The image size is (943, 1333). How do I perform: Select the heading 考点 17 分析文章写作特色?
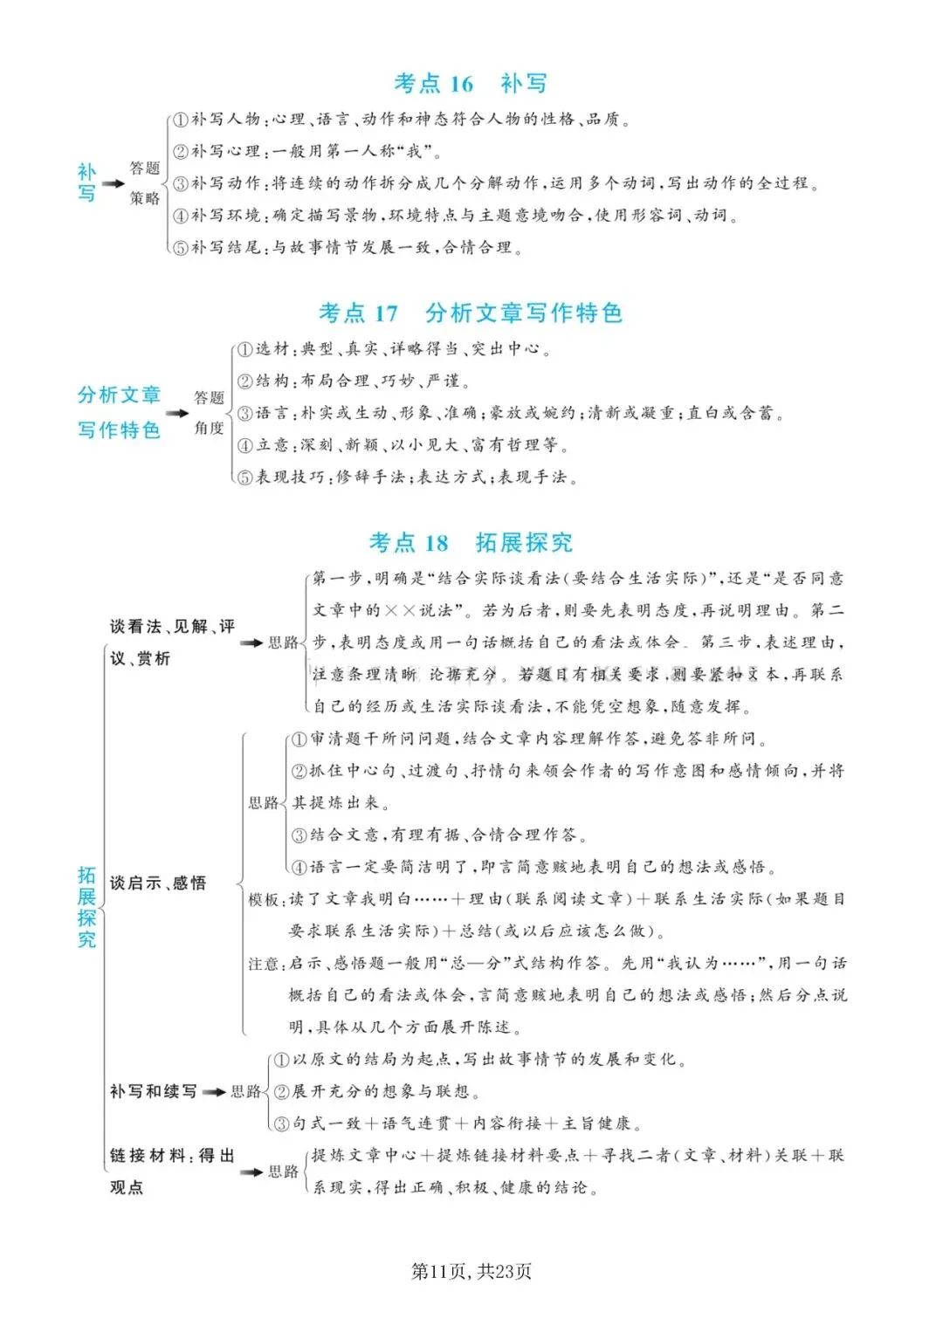pos(471,313)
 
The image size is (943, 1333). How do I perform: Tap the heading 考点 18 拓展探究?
pos(471,542)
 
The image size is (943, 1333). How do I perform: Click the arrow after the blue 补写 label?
pos(114,183)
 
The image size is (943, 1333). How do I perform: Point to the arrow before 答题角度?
pos(177,413)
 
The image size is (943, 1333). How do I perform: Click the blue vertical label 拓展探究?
pos(86,906)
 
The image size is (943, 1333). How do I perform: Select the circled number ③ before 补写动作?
pos(180,183)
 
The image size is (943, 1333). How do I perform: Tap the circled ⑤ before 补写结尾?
pos(180,248)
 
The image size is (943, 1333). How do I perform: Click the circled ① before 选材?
pos(245,349)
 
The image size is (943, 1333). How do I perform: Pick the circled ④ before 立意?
pos(245,445)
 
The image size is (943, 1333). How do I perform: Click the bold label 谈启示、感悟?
pos(158,883)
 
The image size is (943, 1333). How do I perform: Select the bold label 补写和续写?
pos(153,1091)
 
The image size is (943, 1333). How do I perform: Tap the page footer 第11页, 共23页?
pos(471,1271)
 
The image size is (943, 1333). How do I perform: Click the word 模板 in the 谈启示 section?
pos(263,899)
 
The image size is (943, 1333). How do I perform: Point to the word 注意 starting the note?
pos(263,964)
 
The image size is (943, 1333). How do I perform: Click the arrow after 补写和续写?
pos(214,1091)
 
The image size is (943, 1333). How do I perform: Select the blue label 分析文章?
pos(119,395)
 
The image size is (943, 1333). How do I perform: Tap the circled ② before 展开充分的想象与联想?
pos(281,1092)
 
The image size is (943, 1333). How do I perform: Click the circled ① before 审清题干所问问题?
pos(299,739)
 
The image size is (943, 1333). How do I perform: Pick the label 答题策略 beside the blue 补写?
pos(145,183)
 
